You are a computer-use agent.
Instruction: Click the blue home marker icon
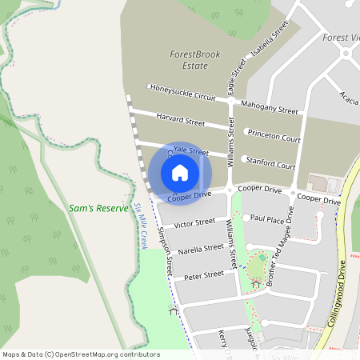point(180,172)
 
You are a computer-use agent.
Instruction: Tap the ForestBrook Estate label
point(194,60)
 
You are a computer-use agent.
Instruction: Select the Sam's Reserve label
point(98,208)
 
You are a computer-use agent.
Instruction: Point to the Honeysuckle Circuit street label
point(182,93)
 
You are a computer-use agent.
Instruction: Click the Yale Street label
point(191,151)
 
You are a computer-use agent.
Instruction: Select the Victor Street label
point(194,222)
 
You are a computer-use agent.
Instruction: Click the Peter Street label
point(204,274)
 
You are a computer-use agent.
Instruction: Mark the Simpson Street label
point(166,251)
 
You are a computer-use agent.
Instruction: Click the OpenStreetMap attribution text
point(80,354)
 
